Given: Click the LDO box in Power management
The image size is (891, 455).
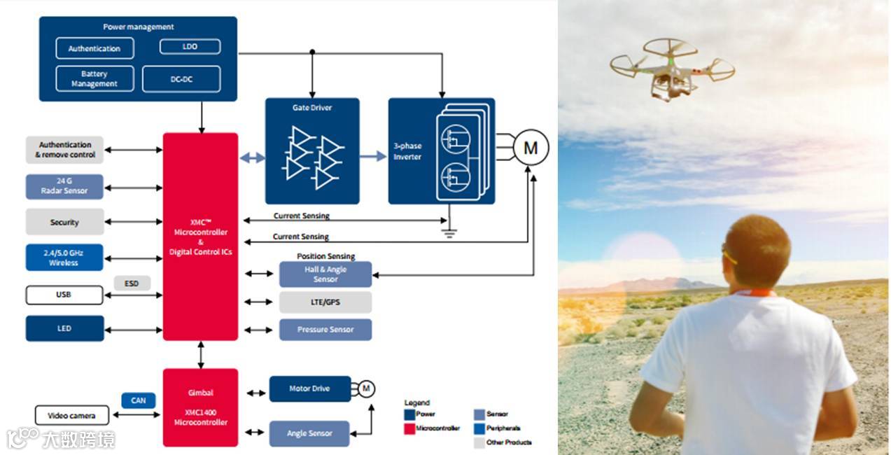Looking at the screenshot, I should click(190, 47).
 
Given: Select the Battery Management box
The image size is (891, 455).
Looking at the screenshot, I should click(94, 78).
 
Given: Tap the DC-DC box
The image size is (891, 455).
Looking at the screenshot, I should click(181, 79).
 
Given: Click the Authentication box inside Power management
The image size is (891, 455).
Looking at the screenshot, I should click(94, 48).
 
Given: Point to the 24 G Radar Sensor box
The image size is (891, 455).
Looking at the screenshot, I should click(64, 186).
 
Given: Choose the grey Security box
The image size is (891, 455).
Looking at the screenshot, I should click(64, 222).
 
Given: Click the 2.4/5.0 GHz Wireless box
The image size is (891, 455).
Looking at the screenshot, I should click(64, 258).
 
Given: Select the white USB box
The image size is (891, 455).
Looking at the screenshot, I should click(64, 295).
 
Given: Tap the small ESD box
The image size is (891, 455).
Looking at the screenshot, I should click(132, 283).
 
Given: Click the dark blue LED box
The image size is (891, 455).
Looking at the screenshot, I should click(64, 328).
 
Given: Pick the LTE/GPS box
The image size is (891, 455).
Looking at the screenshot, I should click(325, 302).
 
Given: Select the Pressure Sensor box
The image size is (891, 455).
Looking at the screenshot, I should click(325, 330).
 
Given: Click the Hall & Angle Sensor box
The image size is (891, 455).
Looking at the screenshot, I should click(325, 274).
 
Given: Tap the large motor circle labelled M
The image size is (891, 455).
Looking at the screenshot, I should click(531, 148).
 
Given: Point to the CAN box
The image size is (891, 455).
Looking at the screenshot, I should click(139, 400).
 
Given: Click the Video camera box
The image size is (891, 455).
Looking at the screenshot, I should click(72, 416).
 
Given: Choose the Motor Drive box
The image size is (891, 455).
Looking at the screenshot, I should click(309, 388).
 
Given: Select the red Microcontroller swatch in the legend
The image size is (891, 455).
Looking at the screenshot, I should click(409, 428).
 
